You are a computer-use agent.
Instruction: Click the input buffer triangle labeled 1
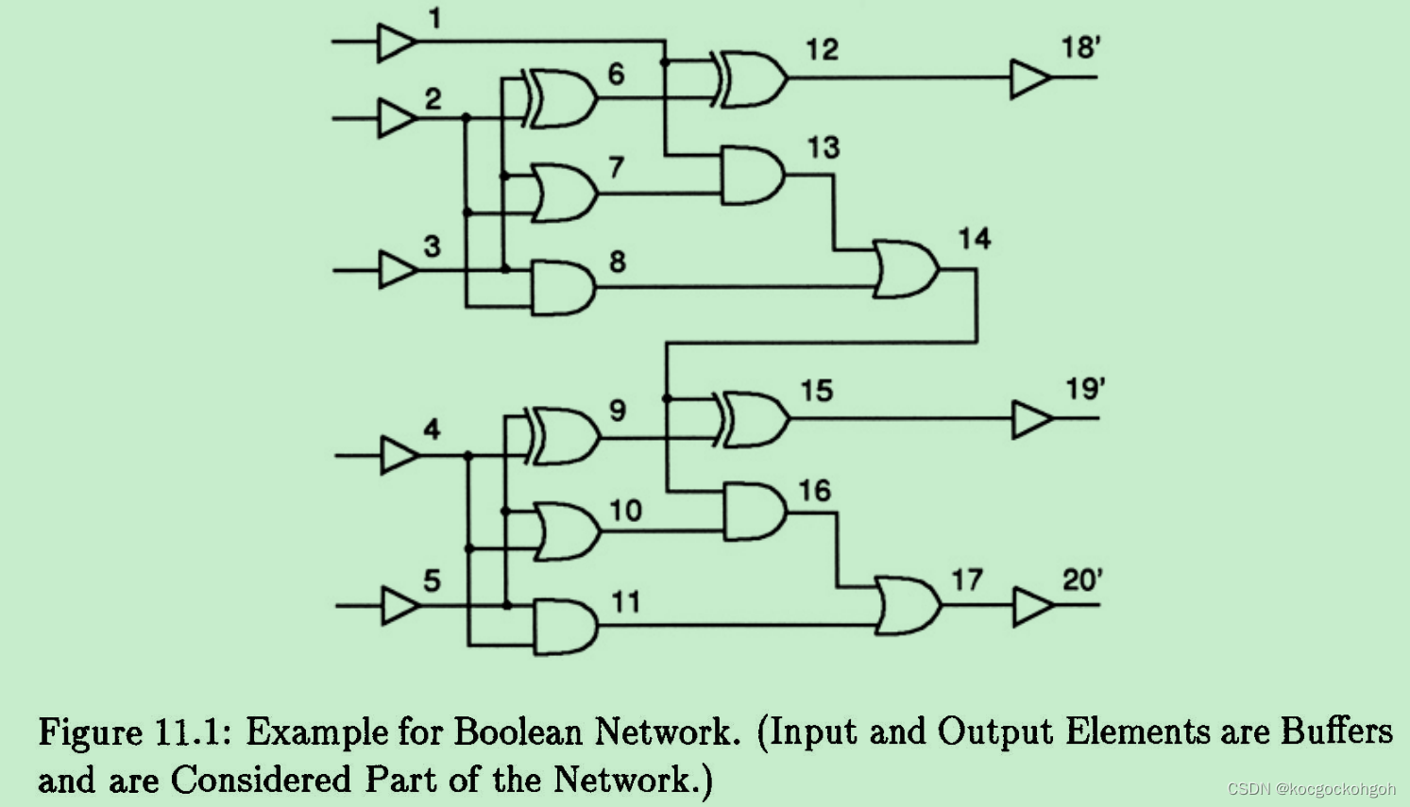point(396,42)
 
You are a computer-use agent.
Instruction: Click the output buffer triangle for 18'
point(1028,78)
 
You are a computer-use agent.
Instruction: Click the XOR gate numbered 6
point(563,98)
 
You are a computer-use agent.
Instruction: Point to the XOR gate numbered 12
point(753,78)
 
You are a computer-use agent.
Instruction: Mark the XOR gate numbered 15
point(755,418)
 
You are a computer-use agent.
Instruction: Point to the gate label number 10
point(625,511)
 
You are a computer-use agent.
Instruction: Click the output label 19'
point(1085,389)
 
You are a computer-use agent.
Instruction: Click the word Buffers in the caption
point(1336,732)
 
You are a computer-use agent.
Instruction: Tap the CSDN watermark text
point(1311,789)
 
